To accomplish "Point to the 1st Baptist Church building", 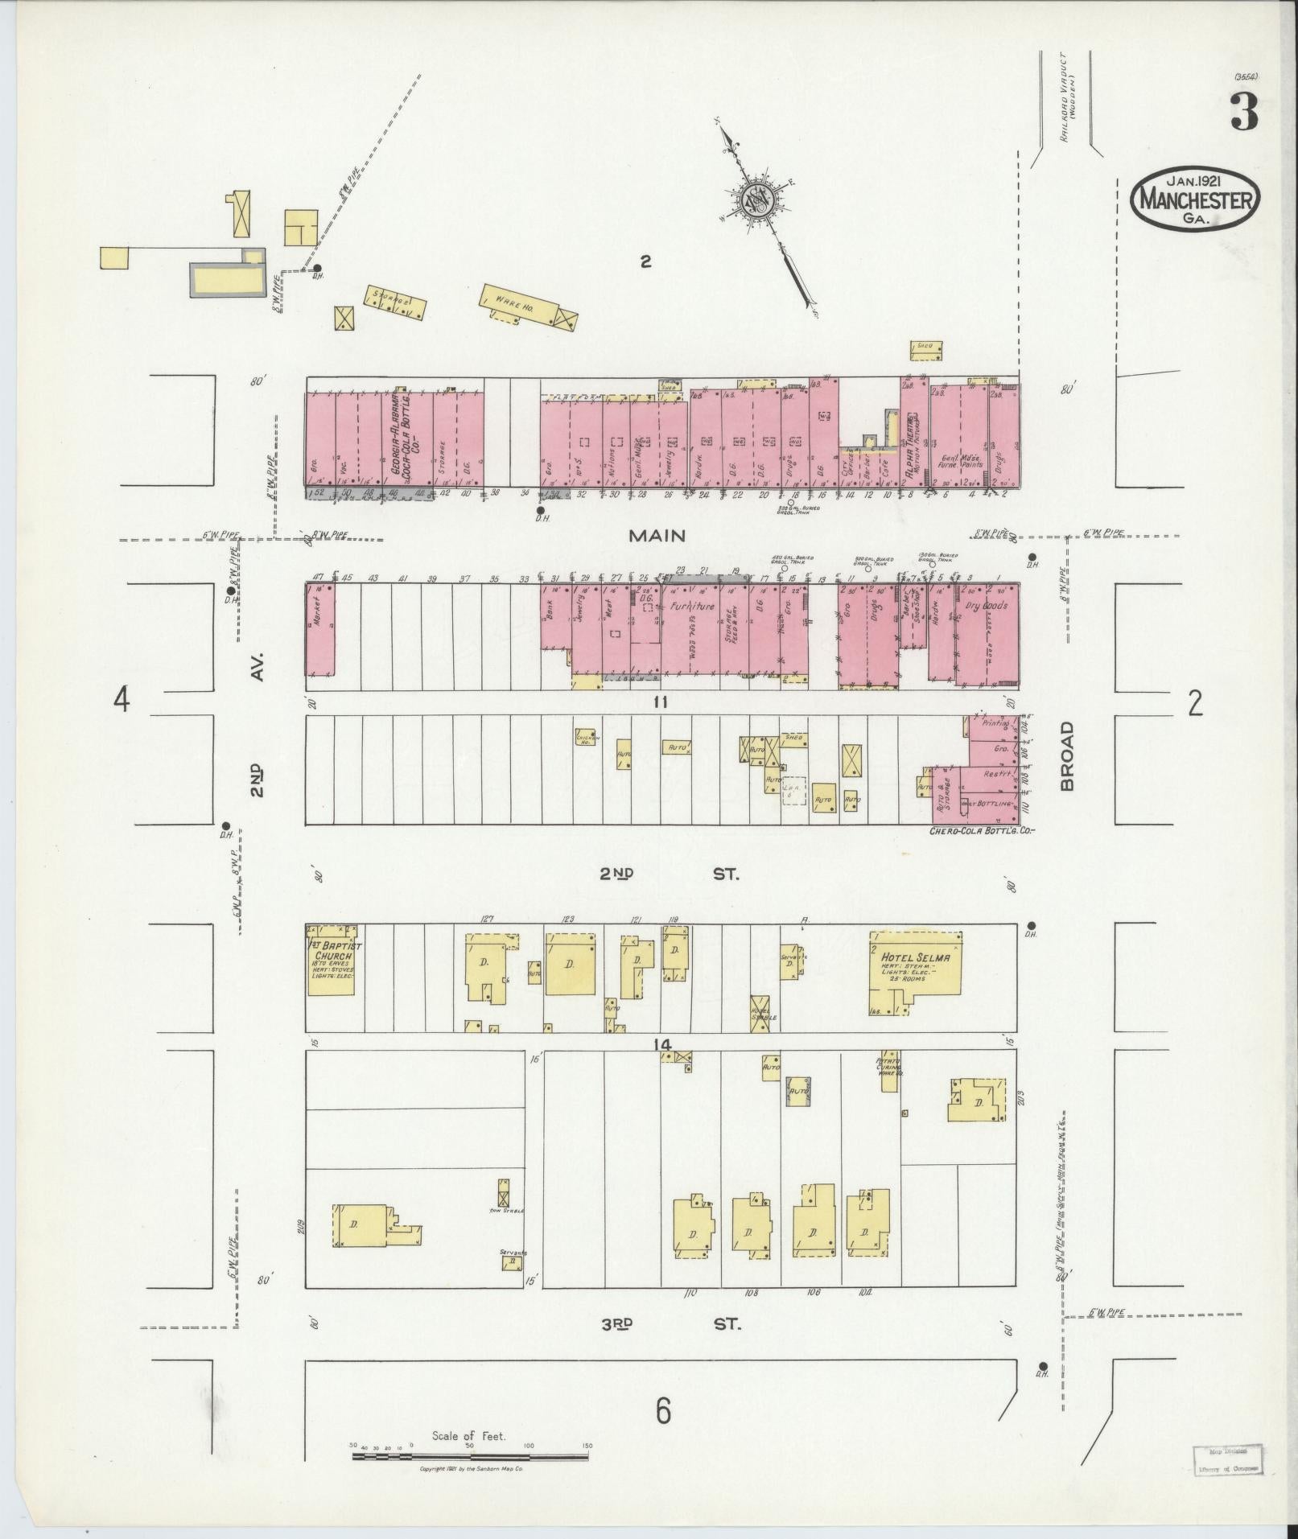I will [x=331, y=960].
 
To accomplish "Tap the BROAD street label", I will [x=1067, y=755].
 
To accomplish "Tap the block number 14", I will [x=661, y=1045].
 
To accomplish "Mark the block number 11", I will [x=661, y=702].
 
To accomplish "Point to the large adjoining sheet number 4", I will [x=122, y=700].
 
